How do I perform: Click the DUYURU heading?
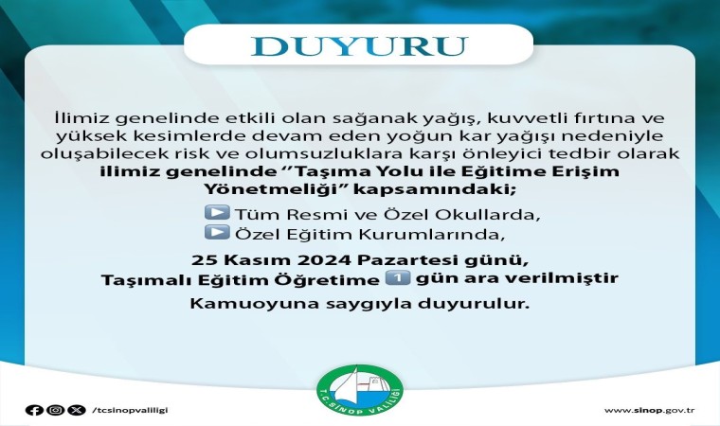tap(359, 45)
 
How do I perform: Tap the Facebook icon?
tap(34, 410)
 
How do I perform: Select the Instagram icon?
tap(56, 410)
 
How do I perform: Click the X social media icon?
tap(77, 410)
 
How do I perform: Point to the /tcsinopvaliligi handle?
tap(130, 410)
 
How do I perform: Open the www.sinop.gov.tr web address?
tap(649, 411)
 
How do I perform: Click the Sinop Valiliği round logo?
tap(360, 390)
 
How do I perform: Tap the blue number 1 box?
tap(397, 278)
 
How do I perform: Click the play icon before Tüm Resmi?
tap(217, 213)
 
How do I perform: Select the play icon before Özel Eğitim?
tap(217, 232)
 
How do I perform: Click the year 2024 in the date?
tap(325, 259)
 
